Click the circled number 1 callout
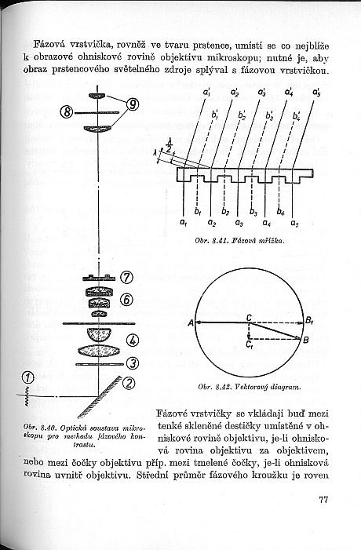[x=27, y=378]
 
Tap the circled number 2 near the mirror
[x=129, y=383]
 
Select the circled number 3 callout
[x=133, y=363]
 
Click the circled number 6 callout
[x=126, y=300]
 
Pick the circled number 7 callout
[x=126, y=278]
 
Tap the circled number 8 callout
[x=67, y=113]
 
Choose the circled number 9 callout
[x=133, y=104]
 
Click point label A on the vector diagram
[x=191, y=322]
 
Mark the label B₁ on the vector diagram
[x=308, y=320]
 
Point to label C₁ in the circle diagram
[x=250, y=344]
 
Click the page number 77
[x=323, y=500]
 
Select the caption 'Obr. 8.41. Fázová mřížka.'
[x=239, y=241]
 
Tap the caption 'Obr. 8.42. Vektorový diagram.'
[x=250, y=387]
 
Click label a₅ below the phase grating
[x=295, y=223]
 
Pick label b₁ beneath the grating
[x=198, y=212]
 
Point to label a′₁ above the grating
[x=206, y=92]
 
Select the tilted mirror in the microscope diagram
[x=100, y=397]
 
